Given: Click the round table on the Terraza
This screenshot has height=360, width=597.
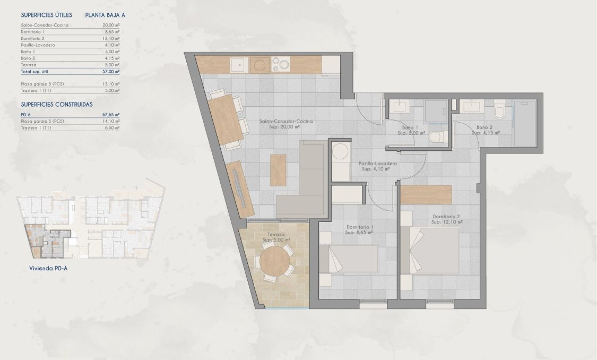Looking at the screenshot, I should coord(275,261).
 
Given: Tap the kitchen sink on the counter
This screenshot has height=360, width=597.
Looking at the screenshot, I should coord(239,65).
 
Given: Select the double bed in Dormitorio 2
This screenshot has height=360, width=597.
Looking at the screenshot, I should coord(430,251).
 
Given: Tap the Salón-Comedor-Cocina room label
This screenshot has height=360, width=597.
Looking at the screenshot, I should coord(286,122).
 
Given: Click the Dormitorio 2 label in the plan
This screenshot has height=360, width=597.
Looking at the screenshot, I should coord(446,217).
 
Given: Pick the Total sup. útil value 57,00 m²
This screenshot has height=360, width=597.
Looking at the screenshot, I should coord(111,71).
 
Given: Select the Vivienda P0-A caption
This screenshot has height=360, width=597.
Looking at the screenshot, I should coord(48,269).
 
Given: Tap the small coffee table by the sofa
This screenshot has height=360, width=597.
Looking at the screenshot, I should coord(278,170).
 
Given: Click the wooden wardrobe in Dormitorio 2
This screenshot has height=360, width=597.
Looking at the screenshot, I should coord(426,194).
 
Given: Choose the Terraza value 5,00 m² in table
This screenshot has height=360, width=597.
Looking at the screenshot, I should coord(111,65).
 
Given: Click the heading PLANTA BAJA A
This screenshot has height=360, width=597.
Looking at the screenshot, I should coord(105,15).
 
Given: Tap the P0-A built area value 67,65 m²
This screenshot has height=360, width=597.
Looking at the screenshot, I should coord(111,114).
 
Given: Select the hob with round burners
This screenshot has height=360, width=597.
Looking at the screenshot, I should coord(280,65).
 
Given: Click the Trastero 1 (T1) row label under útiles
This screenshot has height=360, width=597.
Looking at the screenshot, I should coord(36,90).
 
